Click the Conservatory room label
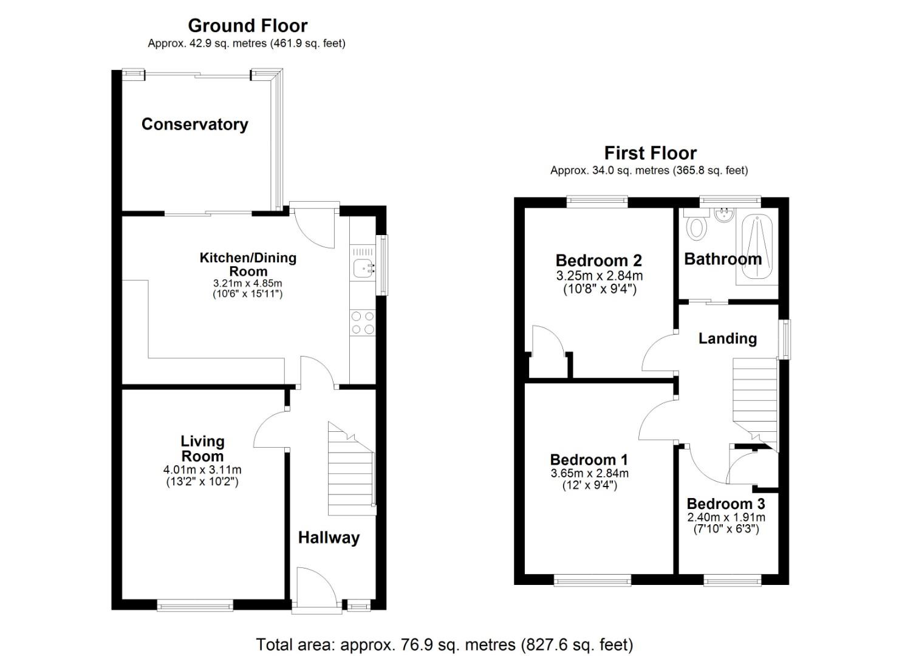click(x=195, y=124)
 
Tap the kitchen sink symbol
click(x=364, y=268)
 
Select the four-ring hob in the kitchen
click(x=363, y=323)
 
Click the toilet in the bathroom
click(x=697, y=226)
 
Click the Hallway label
click(x=329, y=538)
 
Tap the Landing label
click(x=727, y=339)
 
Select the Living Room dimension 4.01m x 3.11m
click(x=202, y=470)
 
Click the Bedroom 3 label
click(x=726, y=504)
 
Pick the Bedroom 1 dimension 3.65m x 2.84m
click(x=590, y=473)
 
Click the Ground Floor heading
click(x=248, y=26)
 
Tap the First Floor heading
click(x=651, y=153)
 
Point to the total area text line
click(x=445, y=644)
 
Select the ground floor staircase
click(x=352, y=469)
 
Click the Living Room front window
click(x=195, y=605)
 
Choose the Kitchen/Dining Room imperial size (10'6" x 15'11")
click(x=248, y=294)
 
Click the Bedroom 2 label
click(x=598, y=261)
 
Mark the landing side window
click(x=784, y=339)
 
